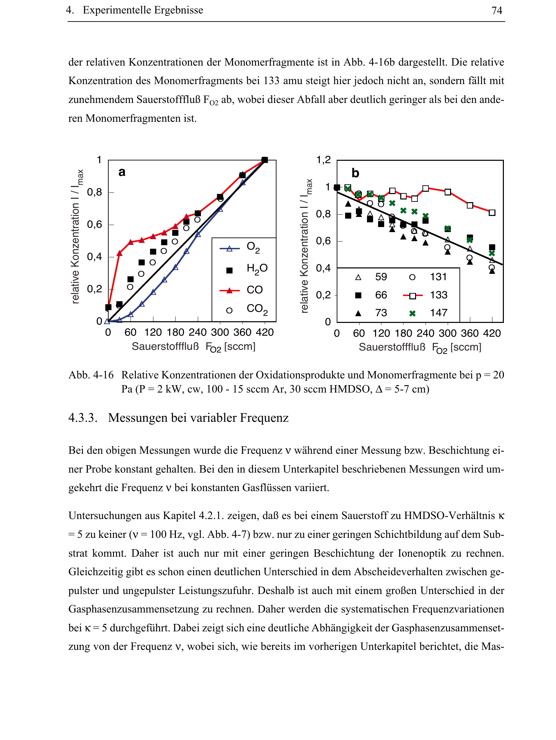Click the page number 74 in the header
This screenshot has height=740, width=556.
(496, 10)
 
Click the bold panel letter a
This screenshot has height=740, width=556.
(122, 172)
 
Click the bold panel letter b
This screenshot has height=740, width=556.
(355, 173)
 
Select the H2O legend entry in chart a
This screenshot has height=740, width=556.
(257, 269)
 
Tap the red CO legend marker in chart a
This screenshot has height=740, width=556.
(229, 290)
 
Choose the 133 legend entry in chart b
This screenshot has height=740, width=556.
(439, 295)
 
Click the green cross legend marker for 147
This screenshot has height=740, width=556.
(412, 313)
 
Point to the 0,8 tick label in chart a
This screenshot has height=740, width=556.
(95, 192)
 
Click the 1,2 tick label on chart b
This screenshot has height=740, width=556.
(323, 160)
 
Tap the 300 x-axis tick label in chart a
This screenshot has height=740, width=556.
(220, 332)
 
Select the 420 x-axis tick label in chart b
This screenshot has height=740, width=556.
(492, 333)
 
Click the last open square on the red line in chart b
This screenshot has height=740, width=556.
(492, 213)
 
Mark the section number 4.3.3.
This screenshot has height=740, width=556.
(83, 418)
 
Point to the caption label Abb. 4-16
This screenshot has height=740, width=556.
(91, 375)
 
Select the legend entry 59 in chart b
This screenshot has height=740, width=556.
(381, 277)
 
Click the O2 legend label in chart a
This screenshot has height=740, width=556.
(253, 247)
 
